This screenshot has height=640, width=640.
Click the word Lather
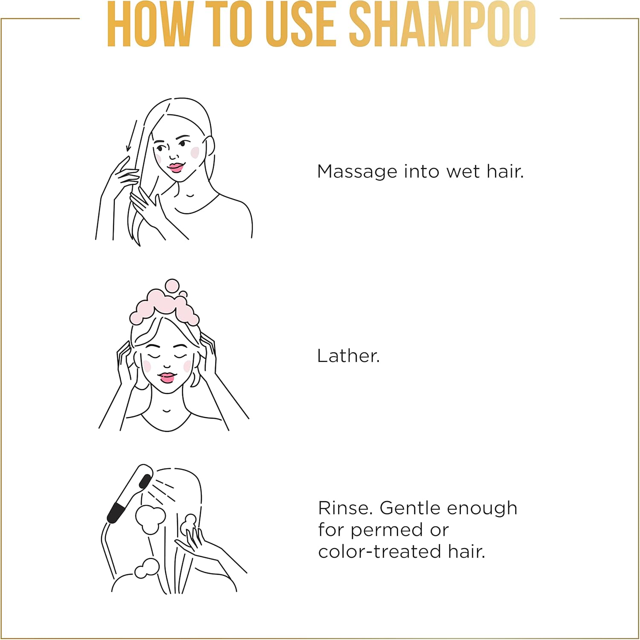[348, 356]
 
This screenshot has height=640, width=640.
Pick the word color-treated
[380, 552]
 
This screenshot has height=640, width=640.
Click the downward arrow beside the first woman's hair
[131, 136]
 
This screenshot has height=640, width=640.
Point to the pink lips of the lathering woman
[166, 378]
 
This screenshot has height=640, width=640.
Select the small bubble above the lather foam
[172, 285]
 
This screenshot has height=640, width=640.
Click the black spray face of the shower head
[145, 481]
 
